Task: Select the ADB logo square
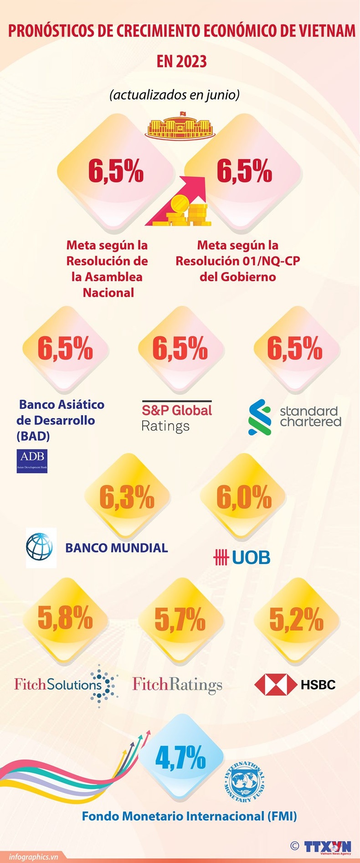tap(32, 460)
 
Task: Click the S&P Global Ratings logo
tap(177, 417)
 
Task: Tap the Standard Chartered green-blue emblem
tap(260, 417)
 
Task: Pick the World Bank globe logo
tap(40, 547)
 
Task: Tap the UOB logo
tap(242, 557)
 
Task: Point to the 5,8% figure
tap(65, 619)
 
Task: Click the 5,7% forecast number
tap(180, 620)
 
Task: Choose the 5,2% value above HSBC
tap(296, 620)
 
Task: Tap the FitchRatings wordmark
tap(177, 684)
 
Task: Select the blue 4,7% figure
tap(180, 758)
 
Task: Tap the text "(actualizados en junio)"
tap(175, 95)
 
